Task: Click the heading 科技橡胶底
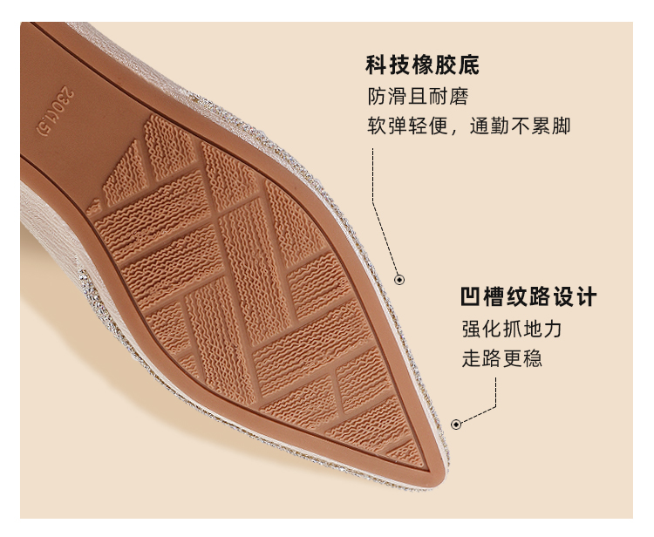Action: tap(422, 66)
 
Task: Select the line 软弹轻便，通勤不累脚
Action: tap(468, 126)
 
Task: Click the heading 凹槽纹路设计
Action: tap(528, 297)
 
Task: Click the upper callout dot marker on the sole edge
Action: tap(399, 280)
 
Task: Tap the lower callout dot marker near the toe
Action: tap(455, 425)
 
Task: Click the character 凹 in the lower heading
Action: tap(472, 297)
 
